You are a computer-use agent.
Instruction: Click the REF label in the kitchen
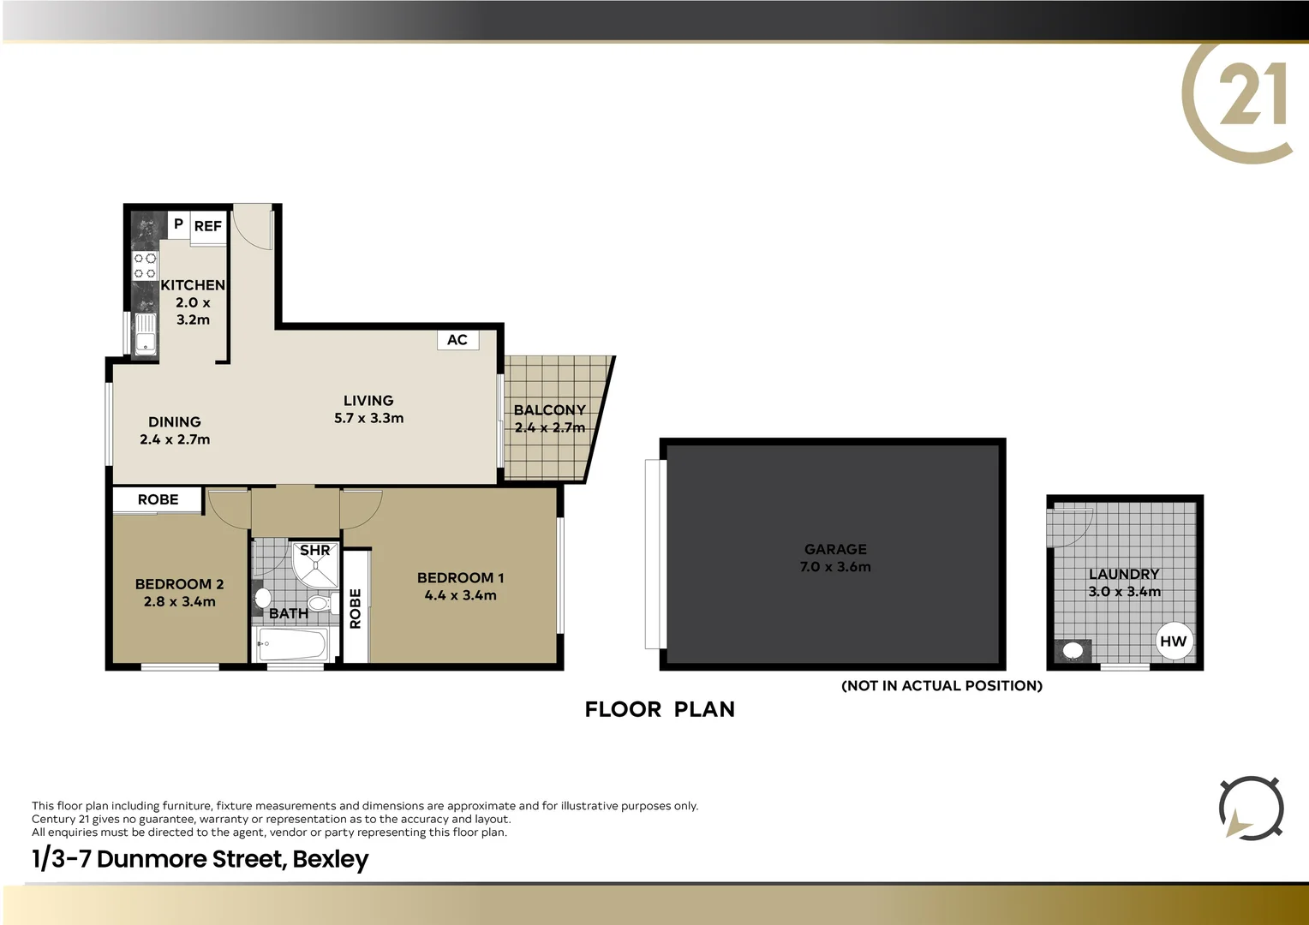[207, 226]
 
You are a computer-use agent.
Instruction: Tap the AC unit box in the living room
[457, 340]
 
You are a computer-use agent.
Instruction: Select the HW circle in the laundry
[1173, 642]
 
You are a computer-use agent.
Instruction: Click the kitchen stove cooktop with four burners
[145, 266]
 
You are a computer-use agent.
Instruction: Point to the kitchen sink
[146, 334]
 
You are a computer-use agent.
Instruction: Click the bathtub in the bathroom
[291, 645]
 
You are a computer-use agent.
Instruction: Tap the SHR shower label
[314, 551]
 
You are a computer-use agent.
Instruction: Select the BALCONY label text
[550, 410]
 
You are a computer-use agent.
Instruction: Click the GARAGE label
[835, 549]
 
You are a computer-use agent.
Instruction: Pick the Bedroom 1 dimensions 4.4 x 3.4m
[460, 595]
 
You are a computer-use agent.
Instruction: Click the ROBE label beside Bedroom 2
[158, 499]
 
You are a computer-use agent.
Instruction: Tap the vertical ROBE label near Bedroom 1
[356, 608]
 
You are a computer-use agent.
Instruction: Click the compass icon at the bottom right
[1251, 808]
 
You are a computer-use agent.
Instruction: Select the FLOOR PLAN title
[660, 709]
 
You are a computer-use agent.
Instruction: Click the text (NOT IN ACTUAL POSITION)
[941, 685]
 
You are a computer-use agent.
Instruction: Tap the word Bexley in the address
[331, 859]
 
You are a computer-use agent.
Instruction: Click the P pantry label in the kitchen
[178, 224]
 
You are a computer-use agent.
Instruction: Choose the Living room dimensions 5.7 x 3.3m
[368, 418]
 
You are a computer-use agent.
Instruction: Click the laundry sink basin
[1072, 650]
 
